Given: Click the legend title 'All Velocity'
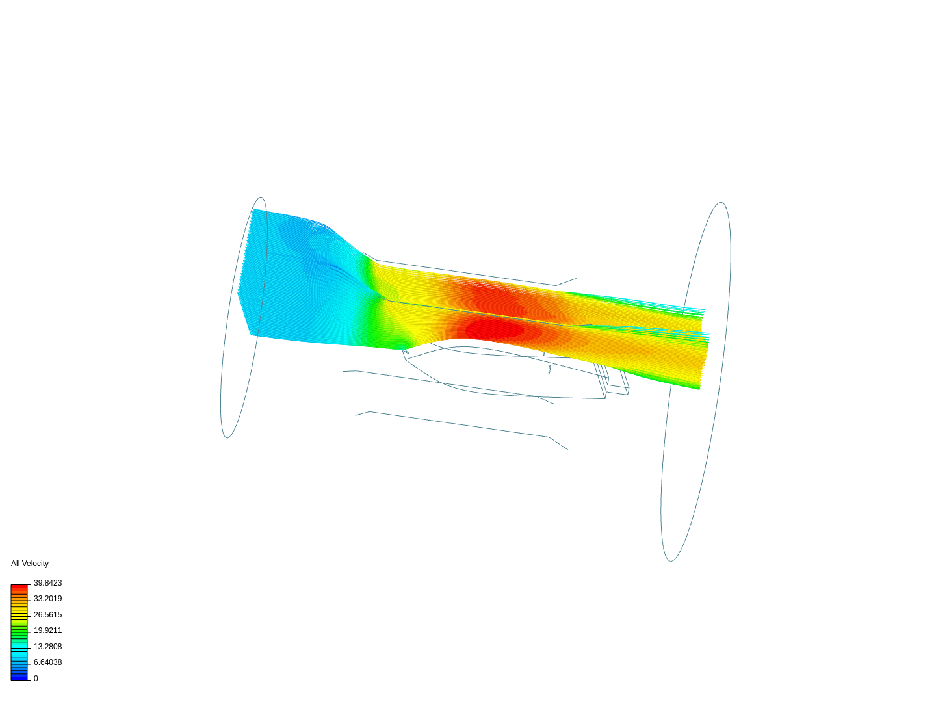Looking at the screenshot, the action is (x=30, y=564).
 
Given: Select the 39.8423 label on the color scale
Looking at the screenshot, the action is (x=47, y=583).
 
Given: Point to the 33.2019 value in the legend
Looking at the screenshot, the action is (x=47, y=599).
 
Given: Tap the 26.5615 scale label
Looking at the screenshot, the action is (x=47, y=615).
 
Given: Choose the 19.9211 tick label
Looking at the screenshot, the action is (x=47, y=630).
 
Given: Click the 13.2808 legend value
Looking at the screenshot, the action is (x=47, y=647).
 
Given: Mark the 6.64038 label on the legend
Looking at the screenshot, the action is (x=47, y=662).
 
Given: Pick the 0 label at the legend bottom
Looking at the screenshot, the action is (x=36, y=679).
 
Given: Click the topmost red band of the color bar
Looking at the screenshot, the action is (x=19, y=586).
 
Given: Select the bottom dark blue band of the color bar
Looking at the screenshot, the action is (x=19, y=678).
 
